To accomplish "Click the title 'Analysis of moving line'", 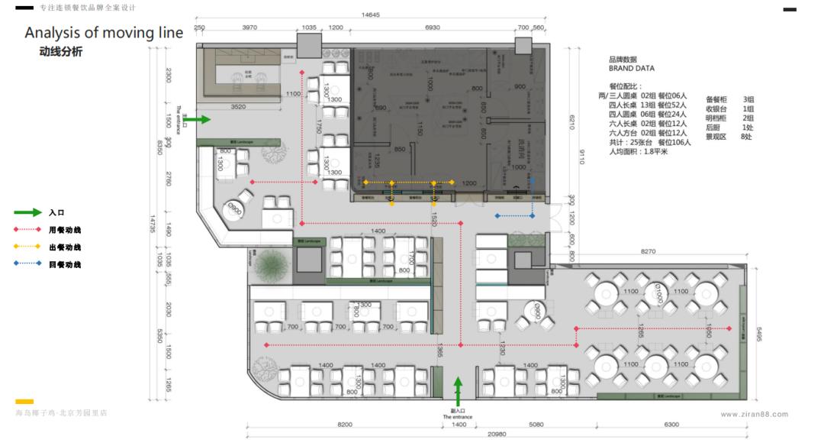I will [104, 33].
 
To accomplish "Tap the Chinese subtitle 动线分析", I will [60, 52].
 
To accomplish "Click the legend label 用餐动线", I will [65, 229].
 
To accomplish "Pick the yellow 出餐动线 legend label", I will [65, 247].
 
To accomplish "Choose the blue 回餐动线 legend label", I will [65, 264].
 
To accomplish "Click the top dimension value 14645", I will [372, 15].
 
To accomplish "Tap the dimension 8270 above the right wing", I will [649, 250].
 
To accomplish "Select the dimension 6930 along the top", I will [433, 27].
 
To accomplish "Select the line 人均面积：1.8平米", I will [639, 151].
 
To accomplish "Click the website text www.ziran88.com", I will [753, 414].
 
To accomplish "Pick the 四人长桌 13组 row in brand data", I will [648, 105].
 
